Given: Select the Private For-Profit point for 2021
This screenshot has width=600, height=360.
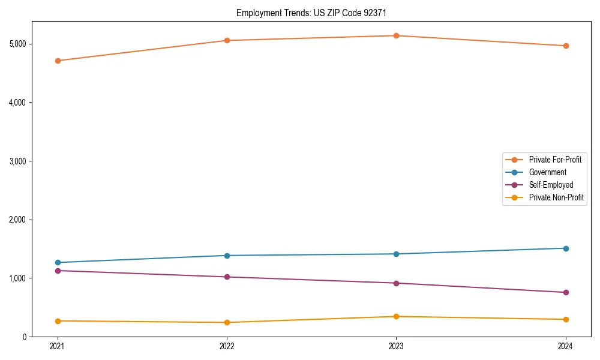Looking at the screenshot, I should [x=58, y=61].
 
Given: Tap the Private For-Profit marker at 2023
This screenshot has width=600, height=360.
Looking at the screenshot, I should [x=396, y=36].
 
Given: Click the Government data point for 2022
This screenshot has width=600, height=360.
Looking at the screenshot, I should [x=227, y=256].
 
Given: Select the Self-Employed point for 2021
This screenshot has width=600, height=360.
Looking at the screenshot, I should [x=58, y=271].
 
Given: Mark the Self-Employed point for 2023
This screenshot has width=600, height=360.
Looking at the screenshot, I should [x=396, y=283].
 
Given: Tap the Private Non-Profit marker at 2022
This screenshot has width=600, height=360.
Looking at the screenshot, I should [x=227, y=323].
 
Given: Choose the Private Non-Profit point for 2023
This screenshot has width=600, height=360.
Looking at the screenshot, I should [x=396, y=317].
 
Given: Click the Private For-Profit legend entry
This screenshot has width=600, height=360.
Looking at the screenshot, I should [x=554, y=160].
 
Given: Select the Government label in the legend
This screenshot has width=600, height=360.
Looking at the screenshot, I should [x=547, y=172].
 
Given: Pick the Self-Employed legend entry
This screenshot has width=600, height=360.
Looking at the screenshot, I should [x=551, y=185].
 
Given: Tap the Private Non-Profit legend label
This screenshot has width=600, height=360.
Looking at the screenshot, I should [x=556, y=197].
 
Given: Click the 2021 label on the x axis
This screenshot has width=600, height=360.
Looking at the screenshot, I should [x=58, y=346].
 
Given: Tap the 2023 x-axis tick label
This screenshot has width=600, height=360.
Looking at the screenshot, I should [x=396, y=346].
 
